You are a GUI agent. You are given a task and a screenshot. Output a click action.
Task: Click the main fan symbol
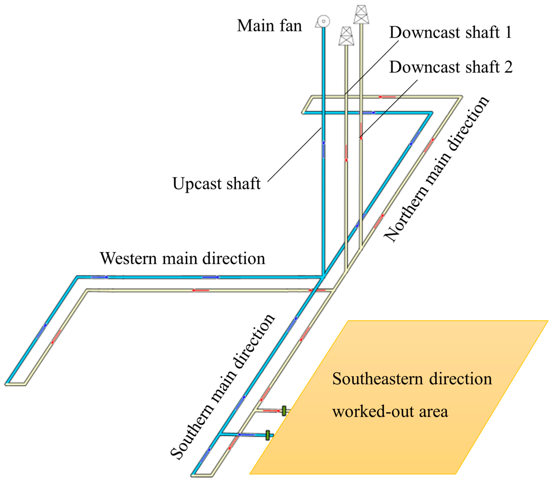tap(323, 22)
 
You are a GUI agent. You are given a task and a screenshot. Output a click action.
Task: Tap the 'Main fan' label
tap(269, 26)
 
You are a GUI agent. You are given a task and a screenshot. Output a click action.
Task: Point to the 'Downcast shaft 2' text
tap(451, 67)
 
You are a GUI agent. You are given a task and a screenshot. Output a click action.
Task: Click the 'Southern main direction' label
tap(223, 387)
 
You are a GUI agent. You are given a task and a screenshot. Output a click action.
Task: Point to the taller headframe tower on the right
tap(361, 15)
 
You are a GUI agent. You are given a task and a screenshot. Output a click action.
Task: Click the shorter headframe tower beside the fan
tap(346, 36)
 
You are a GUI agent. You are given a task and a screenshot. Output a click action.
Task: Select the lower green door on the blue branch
tap(267, 435)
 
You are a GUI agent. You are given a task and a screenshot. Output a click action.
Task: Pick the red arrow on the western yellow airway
tap(201, 290)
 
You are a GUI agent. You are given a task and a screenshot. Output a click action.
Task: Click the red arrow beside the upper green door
tap(272, 411)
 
